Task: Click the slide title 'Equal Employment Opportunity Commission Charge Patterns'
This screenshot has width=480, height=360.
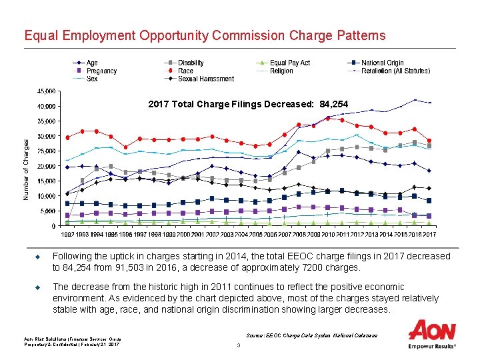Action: [204, 35]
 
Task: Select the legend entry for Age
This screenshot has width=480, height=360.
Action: [92, 63]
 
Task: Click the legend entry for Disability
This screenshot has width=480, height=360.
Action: [191, 63]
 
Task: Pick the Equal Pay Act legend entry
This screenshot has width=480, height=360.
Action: [289, 63]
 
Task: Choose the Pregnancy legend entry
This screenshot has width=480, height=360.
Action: [101, 71]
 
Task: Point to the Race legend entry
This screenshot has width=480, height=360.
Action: [185, 71]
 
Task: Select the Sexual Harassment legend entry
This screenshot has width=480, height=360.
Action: [205, 79]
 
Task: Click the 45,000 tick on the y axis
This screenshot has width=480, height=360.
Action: [46, 91]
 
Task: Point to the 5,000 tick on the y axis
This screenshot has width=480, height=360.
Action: [47, 211]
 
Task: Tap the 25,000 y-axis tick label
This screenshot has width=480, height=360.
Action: [46, 151]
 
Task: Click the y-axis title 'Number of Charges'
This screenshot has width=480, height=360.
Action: [27, 169]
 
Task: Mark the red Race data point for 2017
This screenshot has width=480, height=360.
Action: [429, 141]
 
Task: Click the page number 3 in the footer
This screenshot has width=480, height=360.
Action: [238, 345]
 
